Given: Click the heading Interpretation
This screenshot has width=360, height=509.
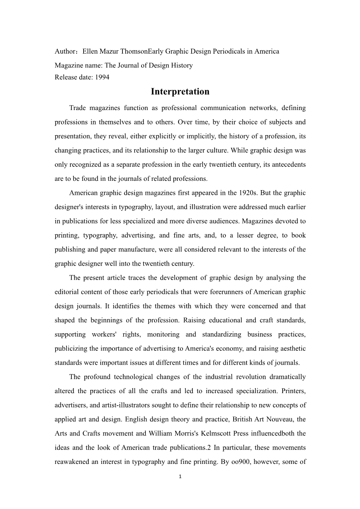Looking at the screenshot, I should coord(180,92).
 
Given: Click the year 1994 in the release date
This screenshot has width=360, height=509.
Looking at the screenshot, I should coord(102,77).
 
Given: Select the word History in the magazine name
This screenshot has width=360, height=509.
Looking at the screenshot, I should coord(181,65).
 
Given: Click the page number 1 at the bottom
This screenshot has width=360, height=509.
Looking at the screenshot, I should coord(180,476).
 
